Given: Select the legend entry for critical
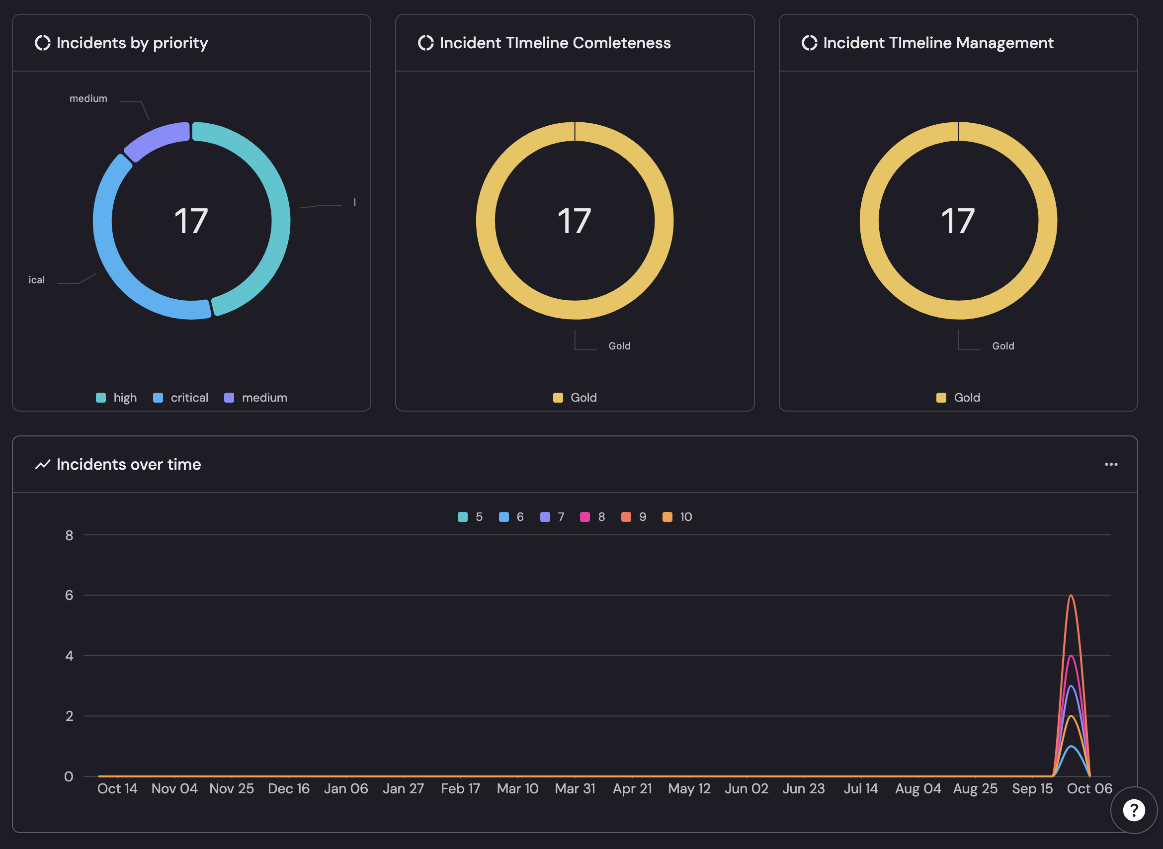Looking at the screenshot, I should click(180, 398).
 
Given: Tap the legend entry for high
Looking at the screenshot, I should click(117, 398).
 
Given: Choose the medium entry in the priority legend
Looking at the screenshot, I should click(256, 398).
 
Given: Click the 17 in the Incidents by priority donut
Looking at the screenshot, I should click(191, 221).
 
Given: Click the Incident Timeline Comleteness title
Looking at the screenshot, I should click(555, 43).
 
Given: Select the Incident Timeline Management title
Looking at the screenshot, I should click(938, 43).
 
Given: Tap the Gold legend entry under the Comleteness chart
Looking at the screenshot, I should click(575, 398).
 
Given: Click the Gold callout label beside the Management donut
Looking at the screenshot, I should click(1002, 346).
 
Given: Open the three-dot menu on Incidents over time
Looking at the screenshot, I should click(1111, 465).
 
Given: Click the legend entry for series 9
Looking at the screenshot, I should click(634, 517).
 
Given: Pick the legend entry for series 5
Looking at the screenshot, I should click(470, 517).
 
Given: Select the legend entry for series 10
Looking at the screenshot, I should click(677, 517).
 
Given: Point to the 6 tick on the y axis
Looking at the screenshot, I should click(70, 595).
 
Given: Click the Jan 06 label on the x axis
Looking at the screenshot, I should click(346, 789).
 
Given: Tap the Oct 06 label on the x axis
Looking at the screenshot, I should click(1089, 789).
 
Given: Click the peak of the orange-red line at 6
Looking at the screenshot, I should click(1071, 595).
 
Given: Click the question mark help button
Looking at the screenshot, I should click(1134, 810).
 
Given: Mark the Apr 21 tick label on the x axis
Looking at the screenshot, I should click(632, 789).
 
